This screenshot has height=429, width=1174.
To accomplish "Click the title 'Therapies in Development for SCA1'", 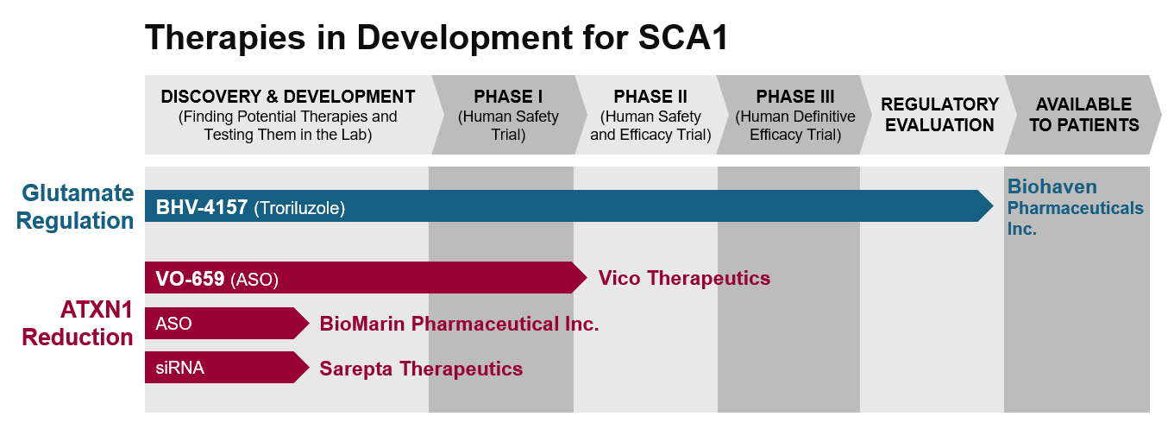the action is pyautogui.click(x=436, y=38).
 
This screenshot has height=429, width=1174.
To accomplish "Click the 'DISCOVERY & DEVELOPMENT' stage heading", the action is pyautogui.click(x=288, y=97).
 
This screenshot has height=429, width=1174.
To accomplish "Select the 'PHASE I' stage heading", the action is pyautogui.click(x=508, y=97).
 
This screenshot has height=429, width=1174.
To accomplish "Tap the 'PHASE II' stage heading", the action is pyautogui.click(x=650, y=97).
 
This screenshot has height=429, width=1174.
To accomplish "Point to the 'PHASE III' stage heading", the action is pyautogui.click(x=795, y=97).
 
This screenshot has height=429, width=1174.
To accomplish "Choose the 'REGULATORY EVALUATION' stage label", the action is pyautogui.click(x=939, y=115).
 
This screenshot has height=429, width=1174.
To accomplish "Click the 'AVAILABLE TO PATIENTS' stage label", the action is pyautogui.click(x=1083, y=115).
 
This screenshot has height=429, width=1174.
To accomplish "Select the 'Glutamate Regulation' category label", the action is pyautogui.click(x=75, y=206).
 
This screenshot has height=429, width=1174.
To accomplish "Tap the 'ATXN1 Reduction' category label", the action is pyautogui.click(x=78, y=323).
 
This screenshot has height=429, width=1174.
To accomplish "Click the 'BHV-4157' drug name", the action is pyautogui.click(x=202, y=207).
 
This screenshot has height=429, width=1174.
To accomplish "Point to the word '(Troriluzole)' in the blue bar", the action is pyautogui.click(x=299, y=208).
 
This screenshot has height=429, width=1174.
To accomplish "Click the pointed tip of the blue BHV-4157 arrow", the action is pyautogui.click(x=993, y=205).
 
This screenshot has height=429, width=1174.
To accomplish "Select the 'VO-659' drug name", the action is pyautogui.click(x=190, y=279).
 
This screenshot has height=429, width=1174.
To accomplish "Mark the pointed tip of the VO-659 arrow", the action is pyautogui.click(x=587, y=277).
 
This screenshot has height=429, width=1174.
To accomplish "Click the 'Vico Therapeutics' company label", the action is pyautogui.click(x=685, y=278).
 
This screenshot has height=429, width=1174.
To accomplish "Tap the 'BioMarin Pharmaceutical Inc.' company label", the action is pyautogui.click(x=459, y=324).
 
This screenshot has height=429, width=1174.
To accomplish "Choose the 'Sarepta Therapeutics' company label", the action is pyautogui.click(x=422, y=369).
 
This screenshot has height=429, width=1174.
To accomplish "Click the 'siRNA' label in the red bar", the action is pyautogui.click(x=179, y=368).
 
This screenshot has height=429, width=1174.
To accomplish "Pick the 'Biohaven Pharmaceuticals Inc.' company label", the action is pyautogui.click(x=1075, y=208).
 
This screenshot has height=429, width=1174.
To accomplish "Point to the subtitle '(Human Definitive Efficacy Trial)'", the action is pyautogui.click(x=795, y=125).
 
